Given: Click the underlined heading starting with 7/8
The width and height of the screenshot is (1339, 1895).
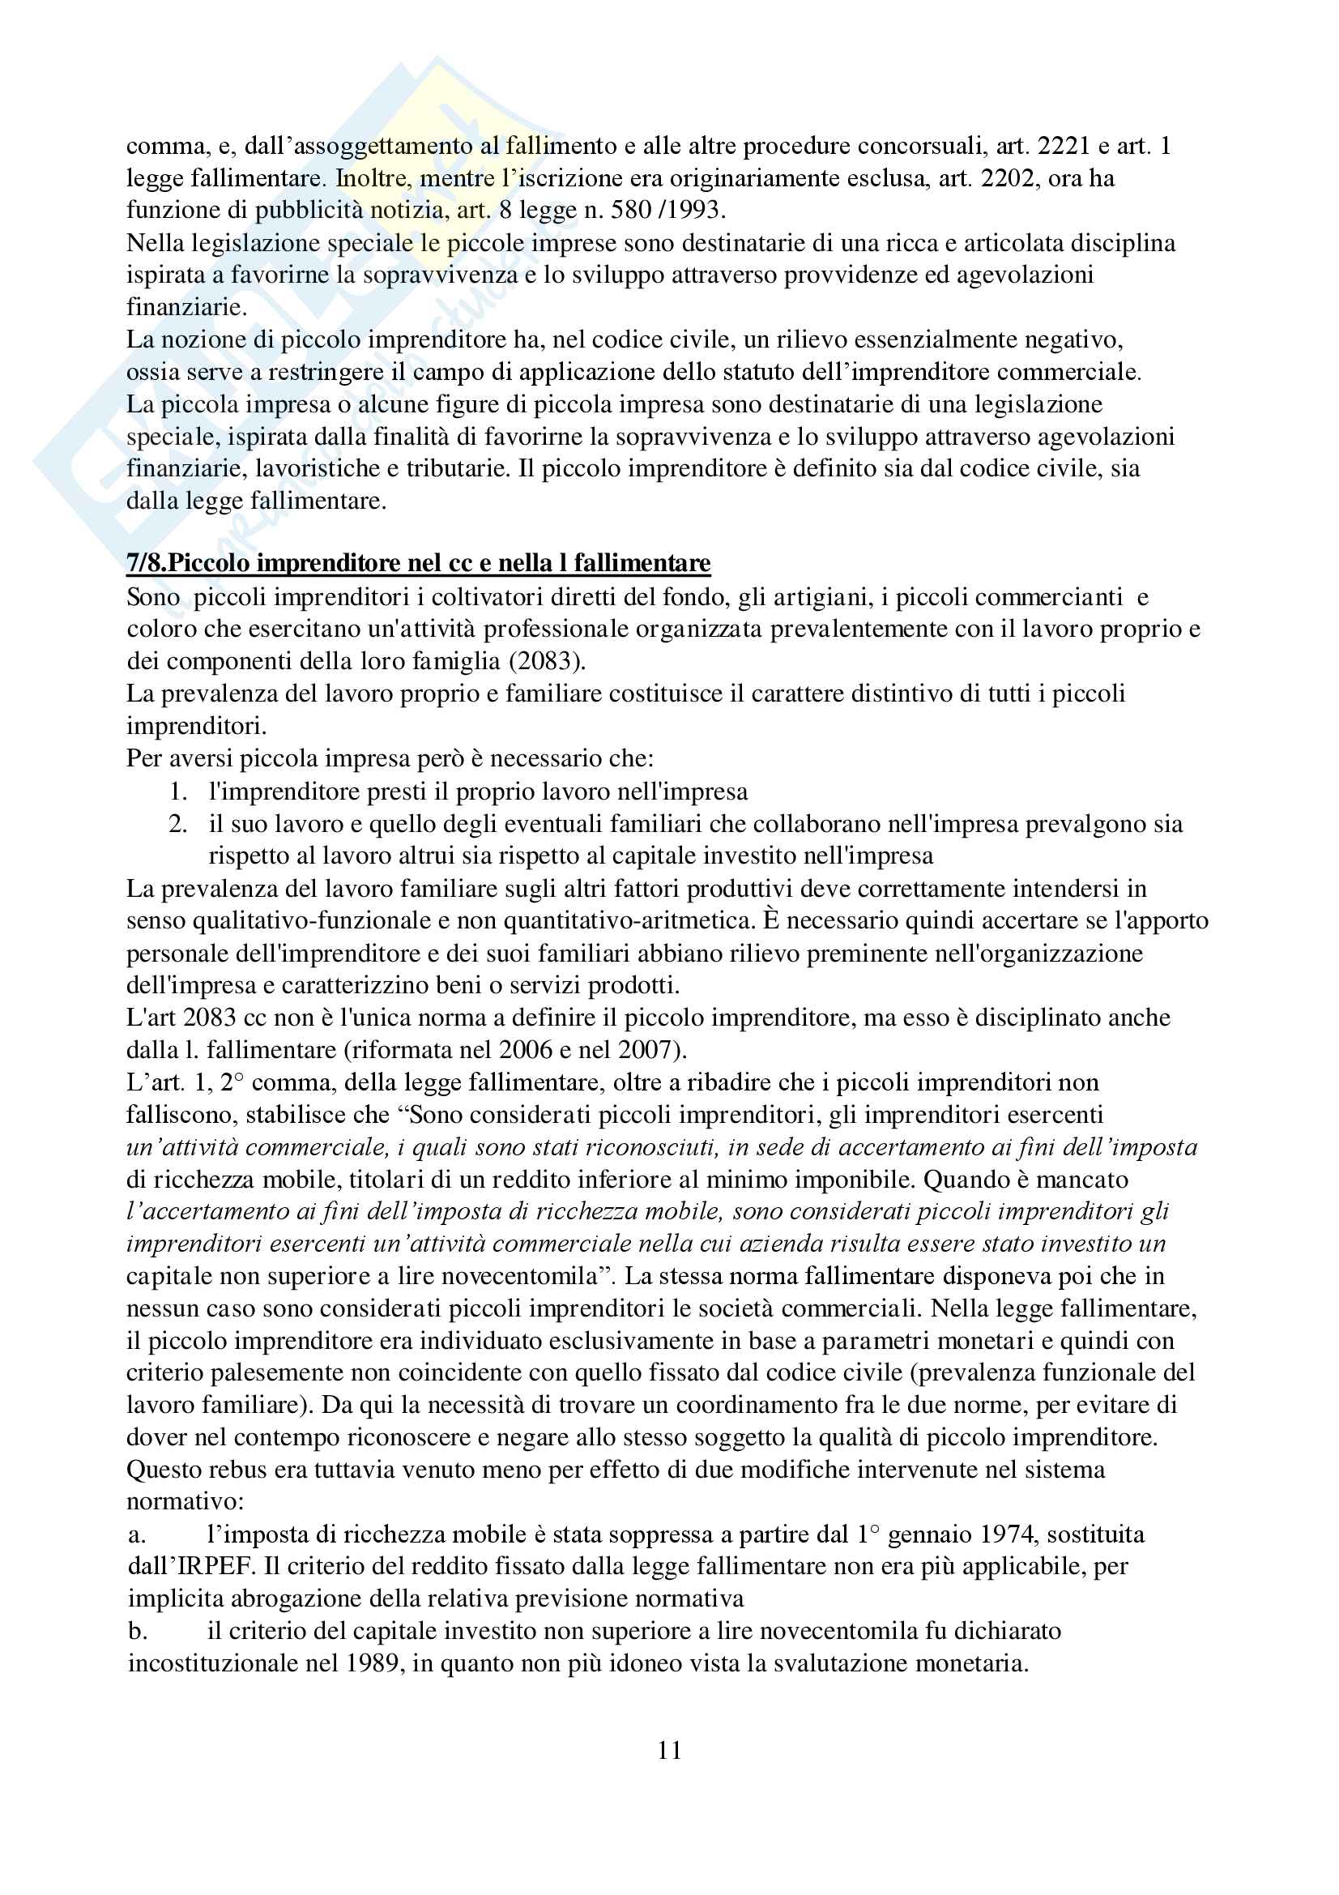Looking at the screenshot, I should click(418, 563).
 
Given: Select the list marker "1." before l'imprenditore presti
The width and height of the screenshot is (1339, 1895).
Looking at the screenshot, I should click(178, 792).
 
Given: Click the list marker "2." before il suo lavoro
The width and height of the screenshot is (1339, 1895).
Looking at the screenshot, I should click(178, 824).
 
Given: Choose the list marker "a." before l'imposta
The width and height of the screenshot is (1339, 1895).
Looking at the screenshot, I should click(137, 1534).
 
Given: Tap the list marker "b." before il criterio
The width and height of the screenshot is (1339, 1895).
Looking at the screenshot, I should click(137, 1631).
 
